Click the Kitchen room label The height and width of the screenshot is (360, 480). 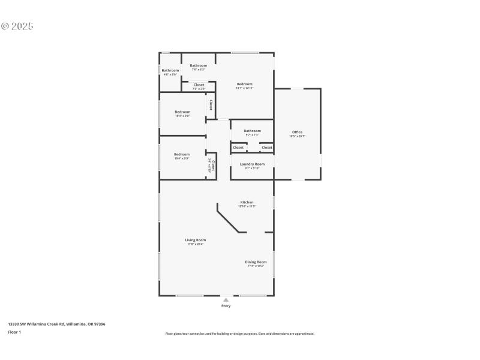coord(247,202)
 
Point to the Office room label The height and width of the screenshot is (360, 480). coord(297,132)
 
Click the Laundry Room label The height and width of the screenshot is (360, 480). coord(252,164)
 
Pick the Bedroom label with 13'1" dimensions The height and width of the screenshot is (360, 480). coord(244,84)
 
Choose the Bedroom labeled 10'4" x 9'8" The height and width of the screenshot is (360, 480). coord(182,112)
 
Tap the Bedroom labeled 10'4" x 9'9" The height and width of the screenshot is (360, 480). coord(182,154)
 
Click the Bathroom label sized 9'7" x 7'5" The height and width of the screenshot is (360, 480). coord(252,131)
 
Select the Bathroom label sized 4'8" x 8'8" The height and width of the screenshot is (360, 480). coord(170,71)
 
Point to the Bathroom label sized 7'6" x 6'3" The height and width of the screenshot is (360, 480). coord(199,65)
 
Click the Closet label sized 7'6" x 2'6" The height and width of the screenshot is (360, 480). coord(199,85)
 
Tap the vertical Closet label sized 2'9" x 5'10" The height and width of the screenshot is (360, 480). coord(212,164)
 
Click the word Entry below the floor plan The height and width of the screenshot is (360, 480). coord(226,306)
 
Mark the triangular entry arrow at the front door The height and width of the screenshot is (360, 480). coord(226,299)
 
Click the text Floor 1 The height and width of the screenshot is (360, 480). coord(14,332)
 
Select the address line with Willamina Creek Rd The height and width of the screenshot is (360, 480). coord(56,324)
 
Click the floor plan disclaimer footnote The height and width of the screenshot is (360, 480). coord(239,334)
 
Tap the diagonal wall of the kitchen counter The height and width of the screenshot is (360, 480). coord(228,220)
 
